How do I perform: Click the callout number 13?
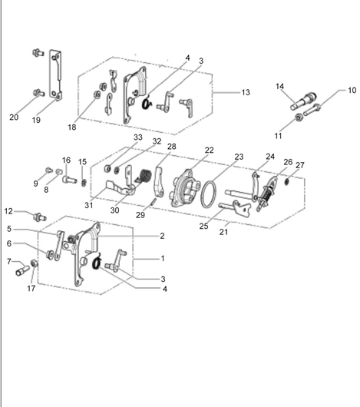tap(246, 92)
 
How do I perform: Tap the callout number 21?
tap(223, 232)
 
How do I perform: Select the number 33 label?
tap(138, 137)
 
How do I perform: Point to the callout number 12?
tap(8, 211)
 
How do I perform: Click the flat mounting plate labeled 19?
tap(56, 74)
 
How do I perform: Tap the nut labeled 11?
tap(299, 118)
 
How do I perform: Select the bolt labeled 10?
tap(312, 110)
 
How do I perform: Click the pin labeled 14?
tap(303, 101)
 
